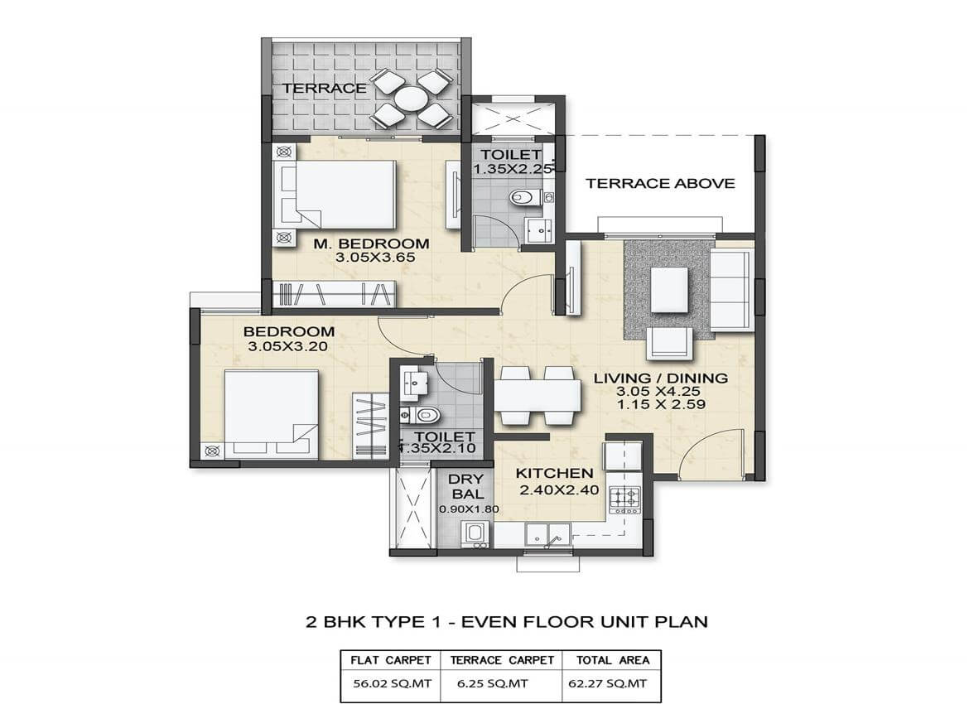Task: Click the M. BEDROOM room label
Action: tap(371, 244)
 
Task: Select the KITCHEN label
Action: tap(554, 474)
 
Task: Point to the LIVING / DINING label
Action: tap(660, 379)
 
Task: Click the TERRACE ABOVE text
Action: tap(660, 183)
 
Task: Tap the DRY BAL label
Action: tap(465, 487)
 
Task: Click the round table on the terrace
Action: tap(411, 99)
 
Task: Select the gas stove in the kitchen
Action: tap(624, 498)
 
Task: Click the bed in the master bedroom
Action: tap(343, 195)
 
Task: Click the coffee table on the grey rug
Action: tap(669, 290)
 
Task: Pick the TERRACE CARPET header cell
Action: tap(501, 660)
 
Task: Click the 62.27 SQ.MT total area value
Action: tap(611, 684)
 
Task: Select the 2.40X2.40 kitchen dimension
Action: tap(558, 490)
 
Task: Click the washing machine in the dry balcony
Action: tap(475, 534)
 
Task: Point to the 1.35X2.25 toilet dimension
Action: tap(507, 169)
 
